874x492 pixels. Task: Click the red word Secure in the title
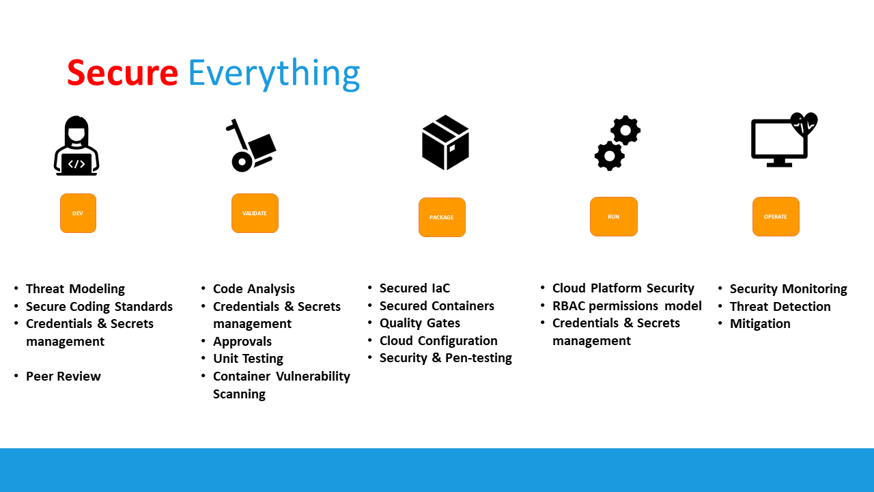pyautogui.click(x=122, y=72)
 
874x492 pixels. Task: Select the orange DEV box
pyautogui.click(x=78, y=213)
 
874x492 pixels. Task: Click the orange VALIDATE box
pyautogui.click(x=255, y=213)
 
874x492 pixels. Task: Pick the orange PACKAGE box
pyautogui.click(x=442, y=217)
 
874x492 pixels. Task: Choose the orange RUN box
pyautogui.click(x=614, y=217)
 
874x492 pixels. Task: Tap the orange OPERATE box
pyautogui.click(x=776, y=217)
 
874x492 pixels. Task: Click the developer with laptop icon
pyautogui.click(x=76, y=146)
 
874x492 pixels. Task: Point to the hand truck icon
pyautogui.click(x=250, y=146)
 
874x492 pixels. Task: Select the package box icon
pyautogui.click(x=445, y=143)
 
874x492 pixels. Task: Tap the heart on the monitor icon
pyautogui.click(x=804, y=124)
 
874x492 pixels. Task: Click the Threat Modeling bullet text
pyautogui.click(x=75, y=288)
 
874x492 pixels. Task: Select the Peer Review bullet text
pyautogui.click(x=64, y=376)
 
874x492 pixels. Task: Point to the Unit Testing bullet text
pyautogui.click(x=248, y=358)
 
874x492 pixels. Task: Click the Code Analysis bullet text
pyautogui.click(x=254, y=288)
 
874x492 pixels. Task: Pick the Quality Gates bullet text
pyautogui.click(x=420, y=323)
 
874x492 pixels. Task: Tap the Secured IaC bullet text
pyautogui.click(x=415, y=288)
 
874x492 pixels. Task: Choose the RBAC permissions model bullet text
pyautogui.click(x=627, y=305)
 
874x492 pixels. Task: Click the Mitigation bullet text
pyautogui.click(x=760, y=323)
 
